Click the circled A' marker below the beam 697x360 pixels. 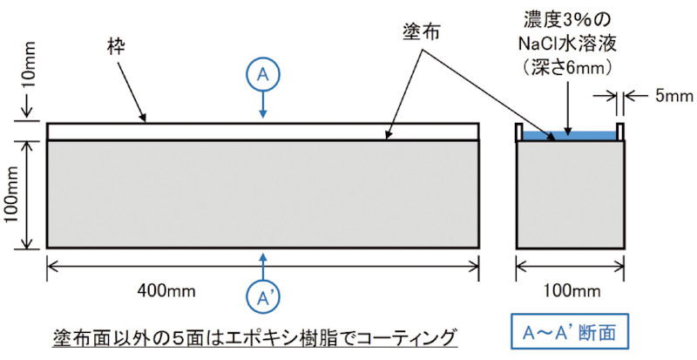[x=263, y=297]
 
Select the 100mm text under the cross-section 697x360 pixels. [x=571, y=289]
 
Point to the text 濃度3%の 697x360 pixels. [x=571, y=19]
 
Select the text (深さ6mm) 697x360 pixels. [x=571, y=65]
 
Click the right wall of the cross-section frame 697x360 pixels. [x=622, y=132]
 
